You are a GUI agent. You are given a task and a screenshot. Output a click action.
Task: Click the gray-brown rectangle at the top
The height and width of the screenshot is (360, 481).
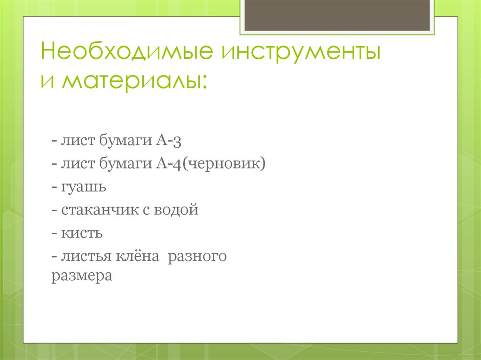[x=337, y=15]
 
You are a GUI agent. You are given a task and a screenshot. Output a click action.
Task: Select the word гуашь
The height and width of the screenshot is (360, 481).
[x=84, y=187]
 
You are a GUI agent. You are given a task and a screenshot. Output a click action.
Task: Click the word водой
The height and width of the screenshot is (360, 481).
[x=177, y=210]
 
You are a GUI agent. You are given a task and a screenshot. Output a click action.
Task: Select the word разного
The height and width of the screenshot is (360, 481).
[x=197, y=256]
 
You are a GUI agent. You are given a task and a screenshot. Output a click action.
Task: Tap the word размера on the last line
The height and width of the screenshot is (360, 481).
[x=82, y=276]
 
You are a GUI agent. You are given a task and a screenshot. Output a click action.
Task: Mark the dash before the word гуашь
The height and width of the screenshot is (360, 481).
[x=55, y=187]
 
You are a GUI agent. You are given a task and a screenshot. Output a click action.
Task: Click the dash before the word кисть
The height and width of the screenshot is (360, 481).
[x=55, y=233]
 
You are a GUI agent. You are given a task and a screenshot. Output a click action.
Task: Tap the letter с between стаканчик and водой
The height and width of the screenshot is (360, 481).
[x=144, y=210]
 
